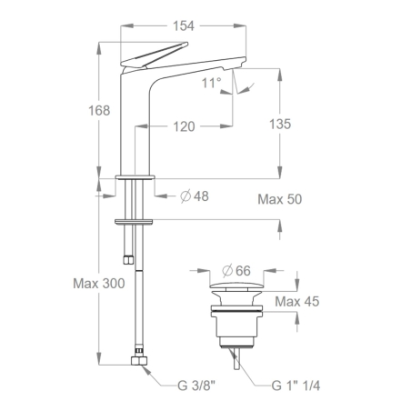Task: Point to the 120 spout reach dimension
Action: click(185, 126)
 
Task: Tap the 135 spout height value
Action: click(279, 125)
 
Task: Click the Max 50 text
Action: click(279, 198)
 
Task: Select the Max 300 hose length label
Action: click(99, 284)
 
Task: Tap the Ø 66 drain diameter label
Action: click(236, 270)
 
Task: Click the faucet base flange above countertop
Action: click(136, 173)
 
